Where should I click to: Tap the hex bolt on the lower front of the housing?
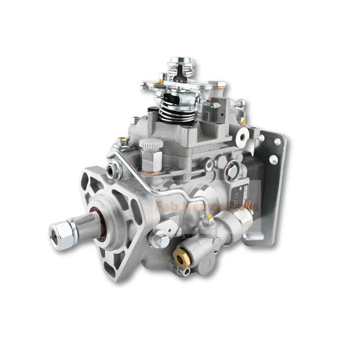160,240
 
